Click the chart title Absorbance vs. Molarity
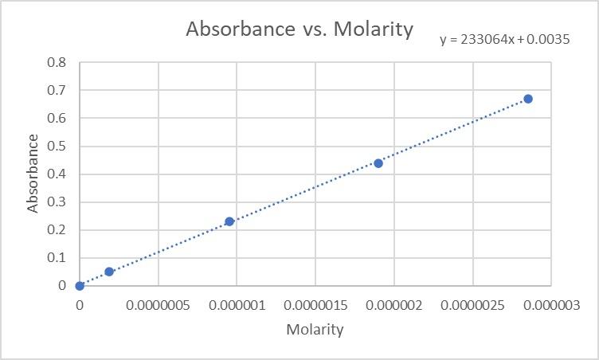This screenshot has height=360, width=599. click(299, 29)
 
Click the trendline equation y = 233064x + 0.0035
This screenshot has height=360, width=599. click(504, 39)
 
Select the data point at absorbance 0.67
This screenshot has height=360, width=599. click(528, 99)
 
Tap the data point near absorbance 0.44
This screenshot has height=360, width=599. click(378, 163)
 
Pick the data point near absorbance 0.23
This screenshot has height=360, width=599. click(229, 221)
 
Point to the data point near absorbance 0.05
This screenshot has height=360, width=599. click(109, 272)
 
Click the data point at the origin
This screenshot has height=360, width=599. click(80, 286)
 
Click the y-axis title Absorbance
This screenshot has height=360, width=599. click(33, 174)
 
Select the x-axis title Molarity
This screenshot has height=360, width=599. click(315, 330)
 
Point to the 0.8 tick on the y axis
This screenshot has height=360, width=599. click(57, 63)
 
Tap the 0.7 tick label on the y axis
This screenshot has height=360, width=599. click(57, 91)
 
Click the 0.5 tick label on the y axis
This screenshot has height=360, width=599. click(57, 147)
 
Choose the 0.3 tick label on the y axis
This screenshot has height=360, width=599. click(57, 202)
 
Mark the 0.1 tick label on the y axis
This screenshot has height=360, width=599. click(57, 258)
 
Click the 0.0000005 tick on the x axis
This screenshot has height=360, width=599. click(158, 305)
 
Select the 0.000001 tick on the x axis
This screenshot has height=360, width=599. click(237, 305)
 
